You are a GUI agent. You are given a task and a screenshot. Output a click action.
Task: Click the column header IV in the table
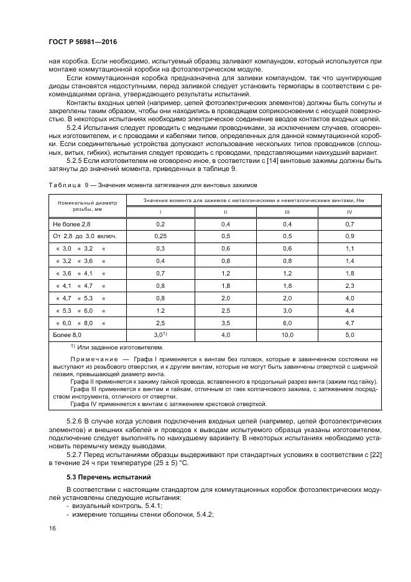click(349, 213)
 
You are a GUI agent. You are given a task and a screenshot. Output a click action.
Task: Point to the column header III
click(287, 213)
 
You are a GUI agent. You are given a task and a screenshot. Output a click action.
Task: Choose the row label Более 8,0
click(67, 335)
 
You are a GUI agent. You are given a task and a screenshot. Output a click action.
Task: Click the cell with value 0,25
click(160, 236)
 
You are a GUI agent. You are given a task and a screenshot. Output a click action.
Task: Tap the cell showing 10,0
click(287, 335)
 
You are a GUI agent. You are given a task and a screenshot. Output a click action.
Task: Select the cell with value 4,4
click(349, 310)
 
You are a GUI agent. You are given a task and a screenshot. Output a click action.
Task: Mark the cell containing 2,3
click(349, 285)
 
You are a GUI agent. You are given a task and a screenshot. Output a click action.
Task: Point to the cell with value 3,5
click(225, 323)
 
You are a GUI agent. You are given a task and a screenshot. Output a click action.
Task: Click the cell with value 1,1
click(349, 249)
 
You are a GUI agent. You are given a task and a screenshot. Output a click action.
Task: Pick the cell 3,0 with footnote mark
click(161, 335)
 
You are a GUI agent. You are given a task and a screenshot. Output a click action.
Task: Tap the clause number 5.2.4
click(77, 127)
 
